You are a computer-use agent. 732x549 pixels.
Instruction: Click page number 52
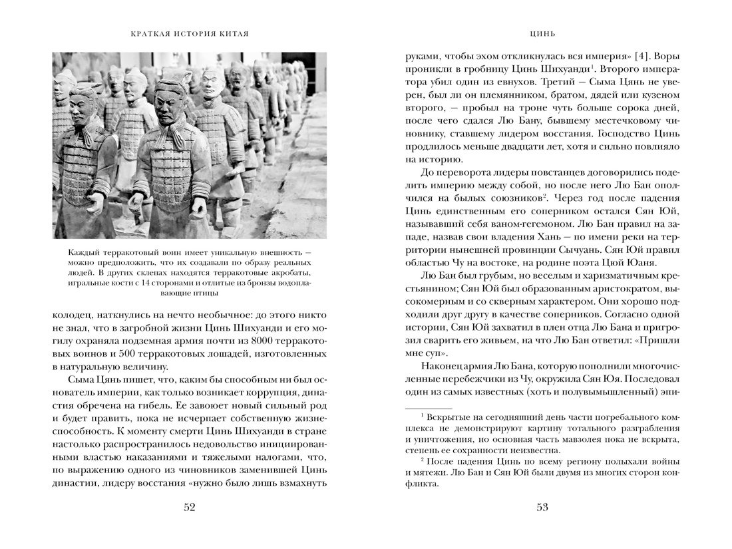(x=189, y=508)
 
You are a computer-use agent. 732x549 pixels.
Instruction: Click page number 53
(x=542, y=508)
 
